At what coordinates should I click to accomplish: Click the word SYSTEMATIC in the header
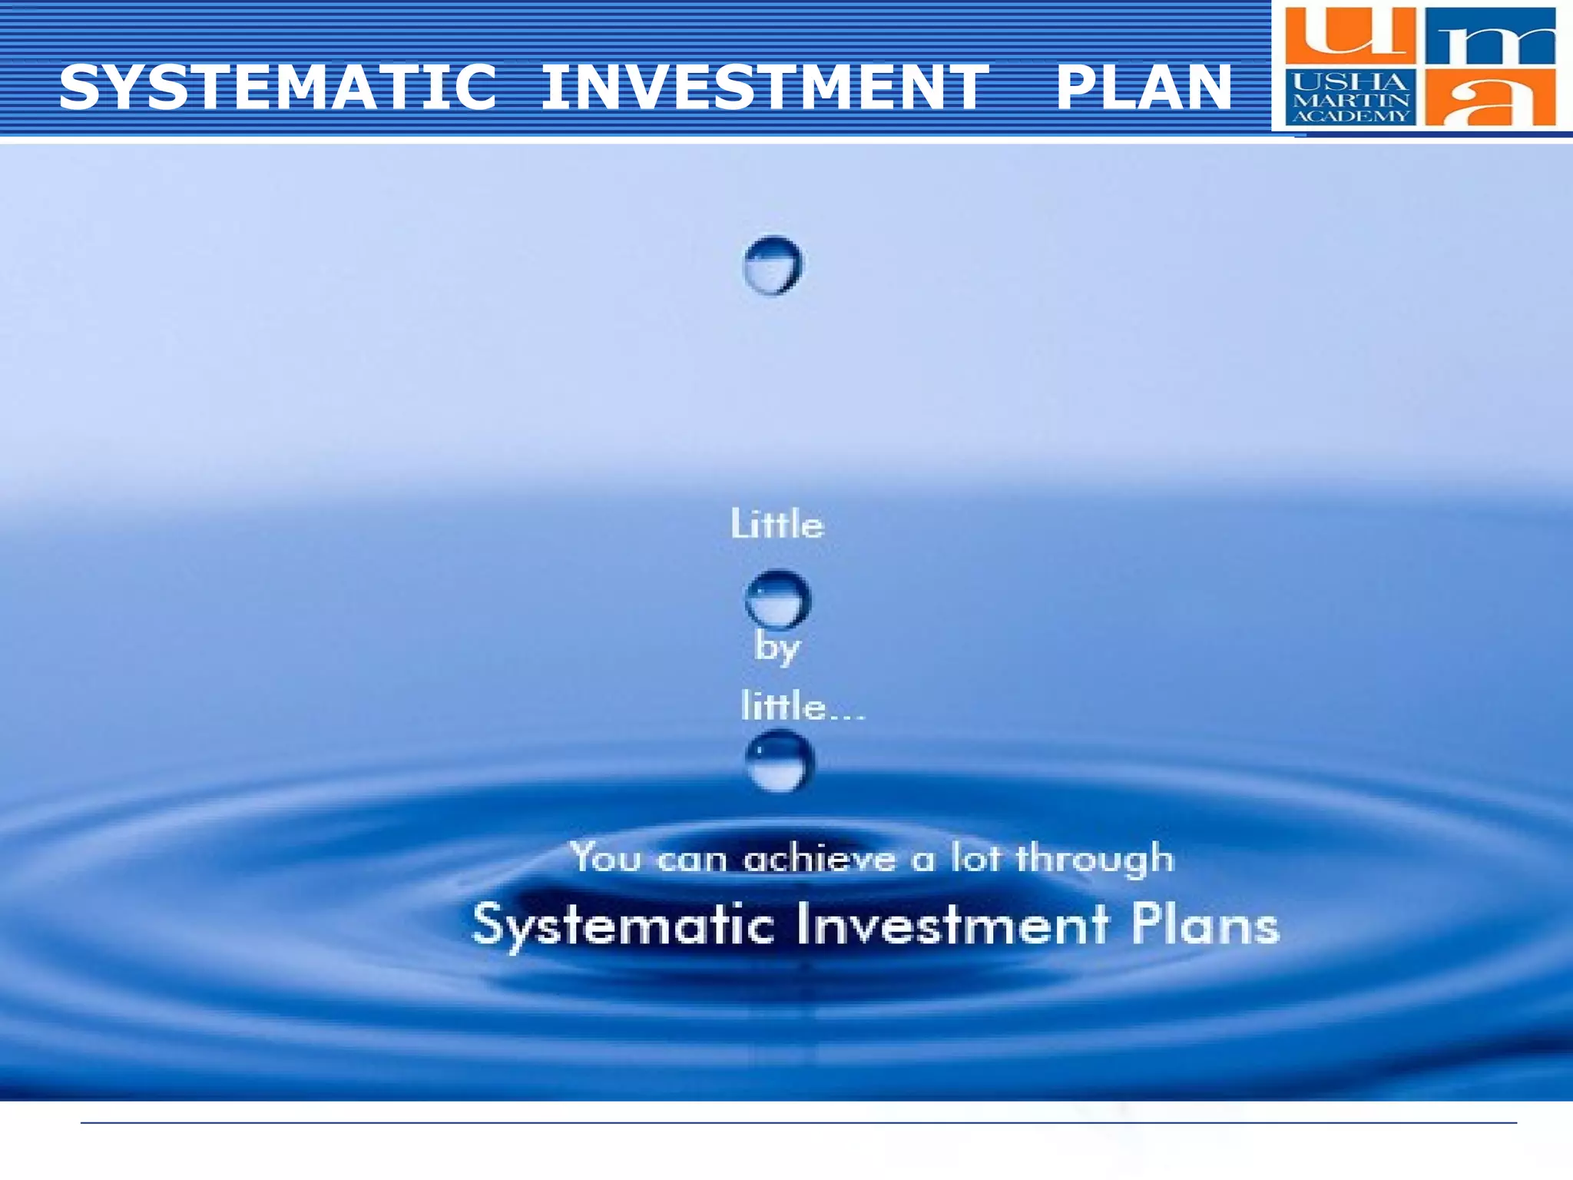(278, 87)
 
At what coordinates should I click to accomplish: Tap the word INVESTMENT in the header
(764, 87)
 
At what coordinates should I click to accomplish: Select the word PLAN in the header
(1144, 87)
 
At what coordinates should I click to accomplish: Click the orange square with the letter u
(1349, 35)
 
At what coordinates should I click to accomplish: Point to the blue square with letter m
(1490, 37)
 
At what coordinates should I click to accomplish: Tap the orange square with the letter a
(1490, 98)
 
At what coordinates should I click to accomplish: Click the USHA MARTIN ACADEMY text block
(1350, 98)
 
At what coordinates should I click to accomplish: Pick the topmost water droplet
(773, 265)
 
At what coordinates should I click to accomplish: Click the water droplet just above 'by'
(777, 598)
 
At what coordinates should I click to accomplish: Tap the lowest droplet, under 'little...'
(779, 761)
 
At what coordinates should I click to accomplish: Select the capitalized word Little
(777, 525)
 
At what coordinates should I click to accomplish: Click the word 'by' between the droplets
(777, 648)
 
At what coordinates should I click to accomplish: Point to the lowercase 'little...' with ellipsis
(802, 706)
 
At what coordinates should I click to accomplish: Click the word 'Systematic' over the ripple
(623, 925)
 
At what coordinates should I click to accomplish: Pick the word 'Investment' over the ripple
(952, 924)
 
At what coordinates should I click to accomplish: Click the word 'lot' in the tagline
(975, 857)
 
